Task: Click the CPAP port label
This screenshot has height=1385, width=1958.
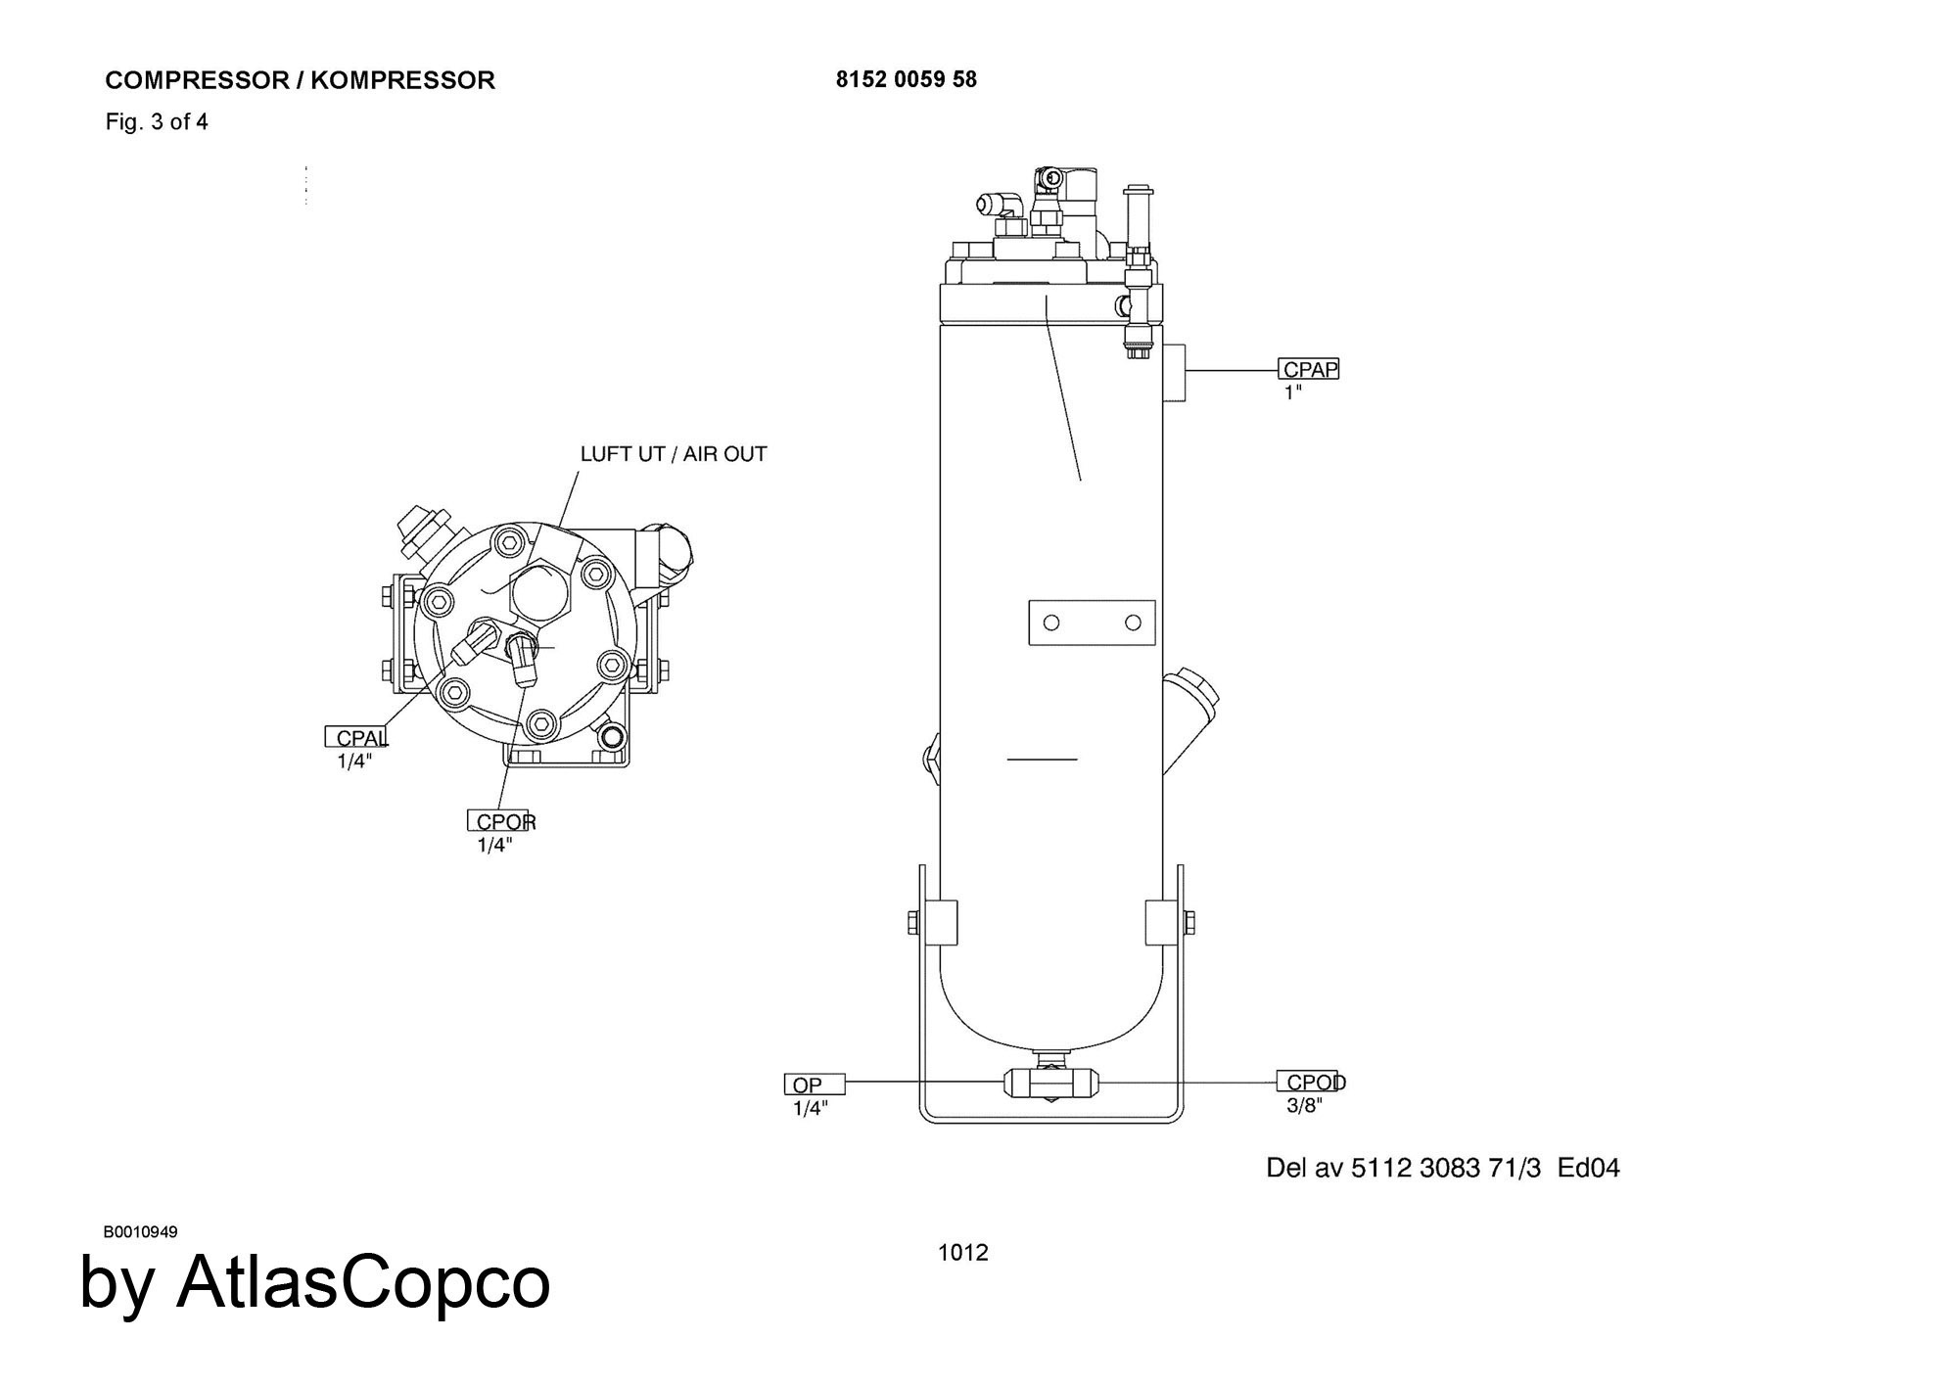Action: point(1309,369)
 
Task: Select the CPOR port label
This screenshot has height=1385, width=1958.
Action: point(502,821)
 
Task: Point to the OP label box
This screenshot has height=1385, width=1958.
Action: point(815,1084)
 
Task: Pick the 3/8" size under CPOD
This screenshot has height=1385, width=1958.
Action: point(1305,1106)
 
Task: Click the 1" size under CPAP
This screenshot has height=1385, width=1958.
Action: point(1293,392)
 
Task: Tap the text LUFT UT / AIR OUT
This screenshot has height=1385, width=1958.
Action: point(674,454)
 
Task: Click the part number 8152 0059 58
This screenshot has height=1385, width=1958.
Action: point(907,79)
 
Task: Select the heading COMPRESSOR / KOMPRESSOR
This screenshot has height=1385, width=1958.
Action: point(301,80)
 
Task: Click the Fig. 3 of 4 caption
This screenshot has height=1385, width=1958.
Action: point(157,122)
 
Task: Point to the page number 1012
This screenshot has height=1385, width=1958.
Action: point(963,1252)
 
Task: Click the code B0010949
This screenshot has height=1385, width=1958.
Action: point(140,1231)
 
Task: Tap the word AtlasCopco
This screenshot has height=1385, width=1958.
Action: point(363,1281)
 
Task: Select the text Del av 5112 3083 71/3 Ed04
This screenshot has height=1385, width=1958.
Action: point(1443,1168)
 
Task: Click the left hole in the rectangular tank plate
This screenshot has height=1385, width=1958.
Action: point(1051,623)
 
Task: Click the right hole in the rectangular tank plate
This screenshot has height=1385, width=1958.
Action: point(1134,623)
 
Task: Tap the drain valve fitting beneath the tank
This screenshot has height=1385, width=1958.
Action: point(1051,1082)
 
